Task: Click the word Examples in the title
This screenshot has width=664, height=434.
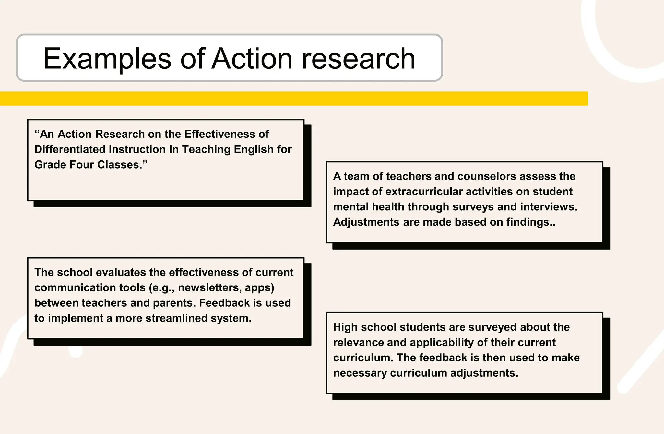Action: [x=107, y=59]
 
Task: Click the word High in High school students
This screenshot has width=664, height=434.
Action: [x=345, y=327]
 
